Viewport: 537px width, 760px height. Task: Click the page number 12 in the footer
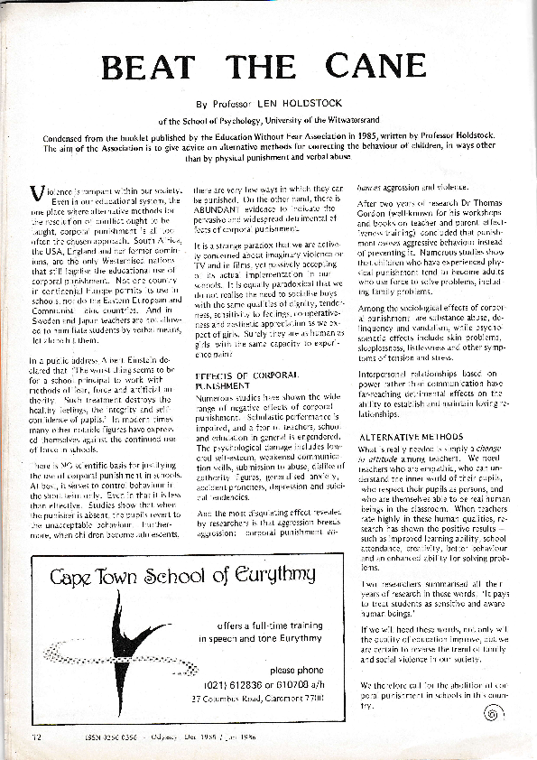point(36,737)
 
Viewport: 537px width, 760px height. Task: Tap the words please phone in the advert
point(295,669)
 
